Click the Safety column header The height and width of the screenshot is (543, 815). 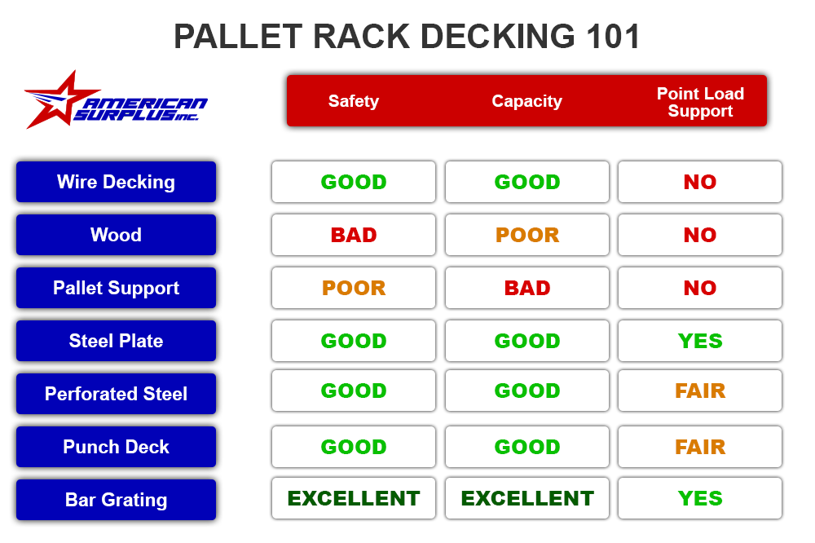[353, 101]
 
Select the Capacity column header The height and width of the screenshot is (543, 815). [526, 101]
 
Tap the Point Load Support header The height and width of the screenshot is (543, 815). [700, 102]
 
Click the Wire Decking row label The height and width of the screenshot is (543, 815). [116, 182]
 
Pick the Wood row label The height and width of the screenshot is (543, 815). [116, 235]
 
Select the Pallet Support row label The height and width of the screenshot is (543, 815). [116, 288]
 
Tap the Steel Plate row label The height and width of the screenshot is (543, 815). [116, 341]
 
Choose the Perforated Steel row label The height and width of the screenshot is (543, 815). [116, 394]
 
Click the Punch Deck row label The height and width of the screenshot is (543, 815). [116, 447]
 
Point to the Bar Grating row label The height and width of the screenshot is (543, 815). [116, 500]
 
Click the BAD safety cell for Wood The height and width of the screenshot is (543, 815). [354, 235]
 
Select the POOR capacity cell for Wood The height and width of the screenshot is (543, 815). [527, 235]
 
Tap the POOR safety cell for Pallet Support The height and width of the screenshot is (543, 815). [354, 288]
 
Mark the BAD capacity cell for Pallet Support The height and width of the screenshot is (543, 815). [527, 288]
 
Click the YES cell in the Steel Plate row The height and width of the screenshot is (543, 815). [700, 341]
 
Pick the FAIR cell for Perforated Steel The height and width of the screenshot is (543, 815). [700, 391]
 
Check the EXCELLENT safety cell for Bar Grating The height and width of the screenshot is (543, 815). [354, 498]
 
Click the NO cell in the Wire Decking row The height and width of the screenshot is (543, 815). [700, 182]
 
